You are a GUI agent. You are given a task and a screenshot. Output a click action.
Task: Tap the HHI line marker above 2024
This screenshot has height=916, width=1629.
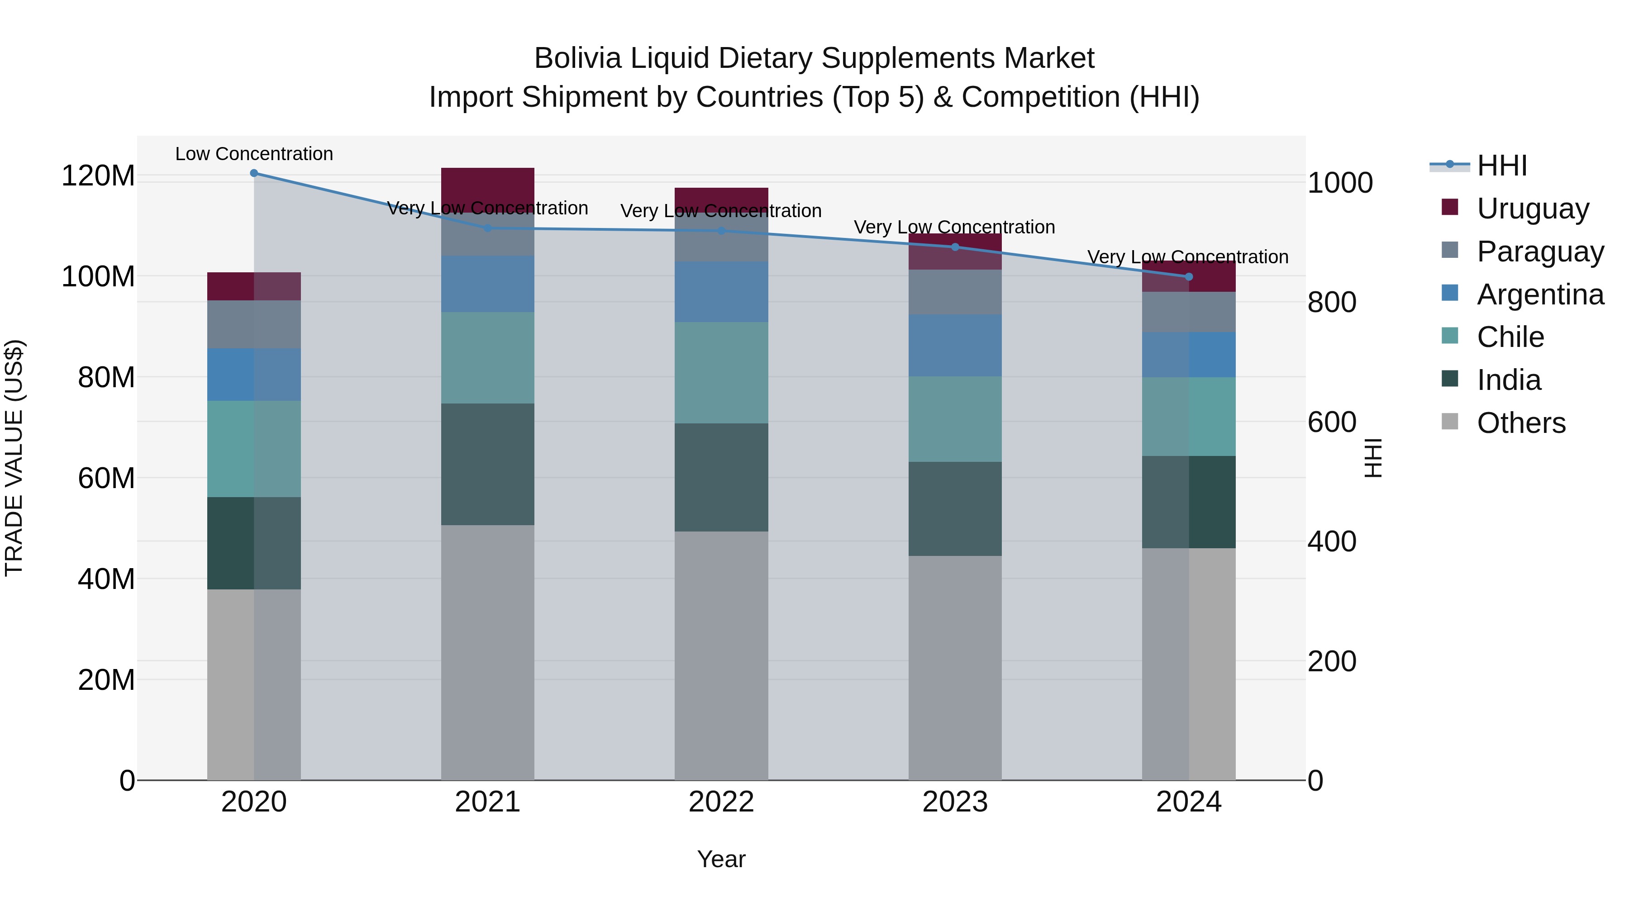[x=1188, y=276]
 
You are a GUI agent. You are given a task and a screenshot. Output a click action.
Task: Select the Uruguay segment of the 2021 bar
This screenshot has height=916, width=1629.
[x=487, y=183]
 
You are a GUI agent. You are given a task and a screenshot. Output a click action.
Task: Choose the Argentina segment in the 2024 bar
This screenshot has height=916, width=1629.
[x=1188, y=355]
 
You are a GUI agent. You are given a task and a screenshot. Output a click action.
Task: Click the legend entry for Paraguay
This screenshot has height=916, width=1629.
[x=1540, y=251]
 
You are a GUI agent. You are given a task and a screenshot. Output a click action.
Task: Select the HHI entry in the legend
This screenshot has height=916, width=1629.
[x=1501, y=166]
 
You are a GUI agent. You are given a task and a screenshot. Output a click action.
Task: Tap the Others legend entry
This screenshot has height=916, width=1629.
[x=1521, y=422]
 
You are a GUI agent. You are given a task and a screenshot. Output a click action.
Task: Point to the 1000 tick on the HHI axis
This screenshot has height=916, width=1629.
[x=1339, y=183]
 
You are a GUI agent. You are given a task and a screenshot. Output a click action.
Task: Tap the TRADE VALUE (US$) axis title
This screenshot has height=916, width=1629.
[x=14, y=458]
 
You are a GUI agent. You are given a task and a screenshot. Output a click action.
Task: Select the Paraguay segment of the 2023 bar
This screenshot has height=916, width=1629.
[x=955, y=292]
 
